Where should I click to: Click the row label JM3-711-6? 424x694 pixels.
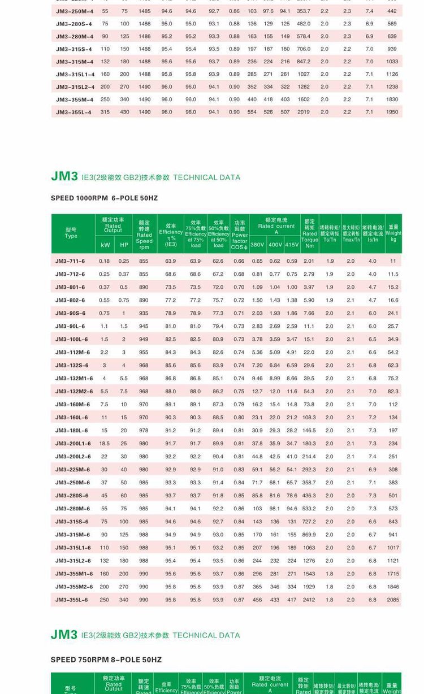click(x=70, y=261)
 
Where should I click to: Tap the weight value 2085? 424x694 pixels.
click(x=393, y=600)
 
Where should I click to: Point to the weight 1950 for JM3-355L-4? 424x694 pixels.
click(x=392, y=112)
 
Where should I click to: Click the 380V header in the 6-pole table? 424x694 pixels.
click(x=257, y=245)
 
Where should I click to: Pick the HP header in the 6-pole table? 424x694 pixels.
click(x=124, y=245)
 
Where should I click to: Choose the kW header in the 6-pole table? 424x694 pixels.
click(x=105, y=245)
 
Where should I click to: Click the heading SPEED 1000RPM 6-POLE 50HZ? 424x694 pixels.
click(x=104, y=198)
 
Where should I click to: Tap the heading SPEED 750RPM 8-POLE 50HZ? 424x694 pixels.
click(x=106, y=660)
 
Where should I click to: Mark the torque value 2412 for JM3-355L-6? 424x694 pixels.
click(x=309, y=600)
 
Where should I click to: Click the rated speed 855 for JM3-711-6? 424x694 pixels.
click(x=144, y=261)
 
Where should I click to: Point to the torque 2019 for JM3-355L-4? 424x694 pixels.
click(x=304, y=112)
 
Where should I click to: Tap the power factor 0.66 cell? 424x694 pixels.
click(x=239, y=261)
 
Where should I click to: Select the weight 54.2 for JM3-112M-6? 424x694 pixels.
click(x=393, y=353)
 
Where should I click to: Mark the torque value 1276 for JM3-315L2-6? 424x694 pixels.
click(x=309, y=561)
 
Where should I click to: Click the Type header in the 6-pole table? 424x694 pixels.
click(x=71, y=233)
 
